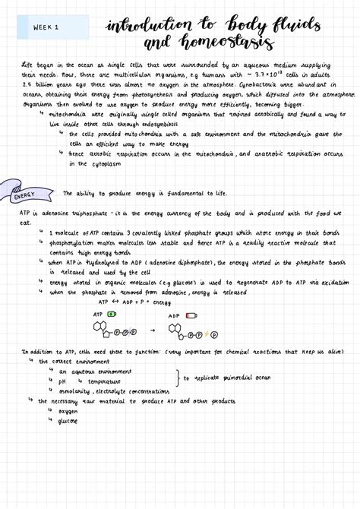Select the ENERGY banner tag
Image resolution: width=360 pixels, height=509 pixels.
(x=25, y=196)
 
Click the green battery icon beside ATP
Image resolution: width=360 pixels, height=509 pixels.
(x=112, y=313)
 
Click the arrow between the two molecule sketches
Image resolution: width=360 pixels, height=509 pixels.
(x=153, y=330)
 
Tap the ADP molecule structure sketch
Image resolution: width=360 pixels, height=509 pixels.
(x=190, y=332)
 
